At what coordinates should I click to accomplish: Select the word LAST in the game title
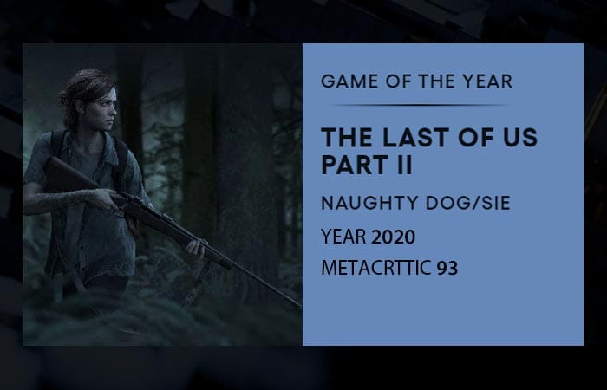(414, 137)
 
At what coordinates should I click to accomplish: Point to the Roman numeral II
(404, 165)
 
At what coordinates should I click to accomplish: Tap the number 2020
(393, 237)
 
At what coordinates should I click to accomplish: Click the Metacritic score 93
(447, 268)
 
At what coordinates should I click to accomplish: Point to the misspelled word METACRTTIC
(375, 268)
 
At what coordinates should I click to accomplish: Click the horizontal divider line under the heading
(419, 105)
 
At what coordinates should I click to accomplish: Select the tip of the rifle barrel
(300, 306)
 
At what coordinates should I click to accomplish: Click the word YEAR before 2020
(343, 237)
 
